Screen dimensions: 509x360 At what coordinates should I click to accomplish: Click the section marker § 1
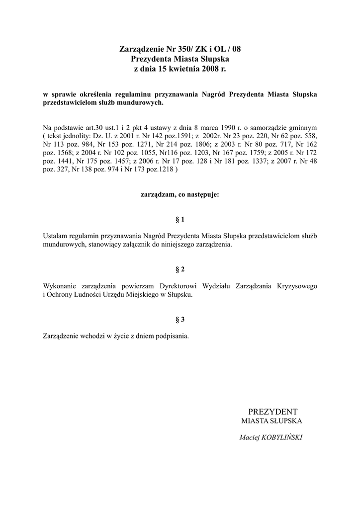[180, 219]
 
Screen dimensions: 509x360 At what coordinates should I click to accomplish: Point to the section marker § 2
[180, 269]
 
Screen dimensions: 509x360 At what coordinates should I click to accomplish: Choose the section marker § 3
[180, 320]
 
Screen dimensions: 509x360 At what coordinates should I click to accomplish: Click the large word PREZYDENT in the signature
[272, 412]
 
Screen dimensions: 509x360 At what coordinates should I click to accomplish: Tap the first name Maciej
[250, 438]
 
